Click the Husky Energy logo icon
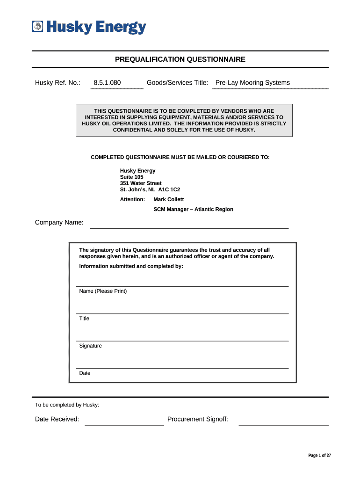point(37,27)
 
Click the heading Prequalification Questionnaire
point(180,59)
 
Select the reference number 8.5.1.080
point(107,83)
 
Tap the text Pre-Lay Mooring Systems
point(252,83)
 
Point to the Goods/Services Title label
point(177,83)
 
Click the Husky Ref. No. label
point(58,83)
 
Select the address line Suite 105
point(132,177)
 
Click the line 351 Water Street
point(141,183)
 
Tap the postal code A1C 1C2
point(169,190)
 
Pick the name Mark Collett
point(169,199)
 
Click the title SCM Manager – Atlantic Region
point(193,210)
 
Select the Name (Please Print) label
point(103,291)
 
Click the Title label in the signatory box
point(84,319)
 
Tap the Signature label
point(90,346)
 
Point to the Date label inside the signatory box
point(85,373)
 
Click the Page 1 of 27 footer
point(320,456)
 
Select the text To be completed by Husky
point(67,405)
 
